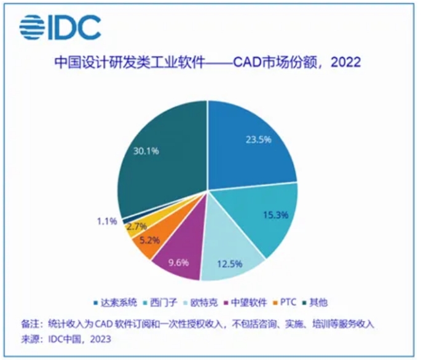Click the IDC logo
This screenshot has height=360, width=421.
pyautogui.click(x=60, y=28)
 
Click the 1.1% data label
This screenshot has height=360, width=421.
pyautogui.click(x=107, y=222)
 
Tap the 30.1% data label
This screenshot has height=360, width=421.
pyautogui.click(x=146, y=151)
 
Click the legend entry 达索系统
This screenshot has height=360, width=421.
pyautogui.click(x=116, y=302)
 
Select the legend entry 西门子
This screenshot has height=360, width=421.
pyautogui.click(x=160, y=302)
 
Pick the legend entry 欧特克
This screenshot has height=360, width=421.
pyautogui.click(x=200, y=302)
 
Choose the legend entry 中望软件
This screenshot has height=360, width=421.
pyautogui.click(x=245, y=302)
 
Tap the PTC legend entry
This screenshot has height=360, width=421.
pyautogui.click(x=285, y=302)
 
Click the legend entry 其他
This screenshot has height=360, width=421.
pyautogui.click(x=315, y=302)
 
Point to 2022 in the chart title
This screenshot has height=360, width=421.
pyautogui.click(x=346, y=63)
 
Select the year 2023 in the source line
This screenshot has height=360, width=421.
pyautogui.click(x=100, y=339)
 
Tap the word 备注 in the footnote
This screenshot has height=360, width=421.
pyautogui.click(x=30, y=324)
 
